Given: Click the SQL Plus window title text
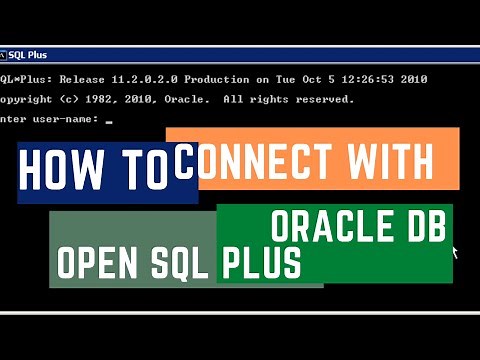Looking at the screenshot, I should pyautogui.click(x=30, y=55).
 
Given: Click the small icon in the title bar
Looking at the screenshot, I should pyautogui.click(x=4, y=55).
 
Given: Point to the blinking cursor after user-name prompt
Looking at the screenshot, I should pyautogui.click(x=108, y=120).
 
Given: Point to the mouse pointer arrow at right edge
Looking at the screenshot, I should pyautogui.click(x=455, y=250).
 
